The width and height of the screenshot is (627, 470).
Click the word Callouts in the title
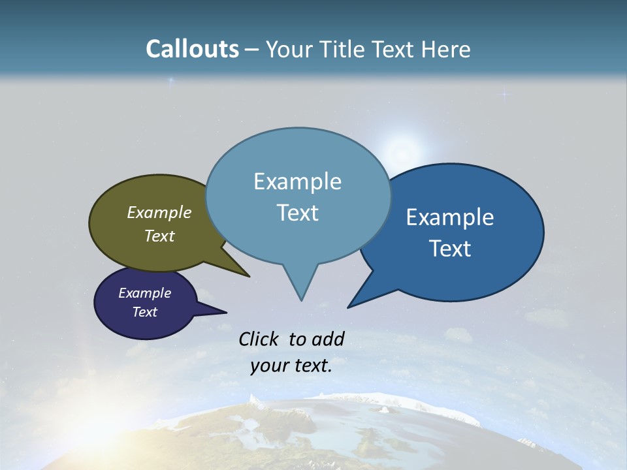(192, 49)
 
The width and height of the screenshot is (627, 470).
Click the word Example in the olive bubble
(159, 212)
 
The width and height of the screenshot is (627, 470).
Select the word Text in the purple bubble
(145, 312)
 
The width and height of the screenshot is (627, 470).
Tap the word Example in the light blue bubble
(298, 181)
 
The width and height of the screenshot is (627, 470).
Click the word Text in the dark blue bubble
(451, 249)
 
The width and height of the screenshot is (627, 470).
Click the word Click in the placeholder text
(259, 339)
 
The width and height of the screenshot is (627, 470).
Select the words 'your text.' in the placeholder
(291, 366)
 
